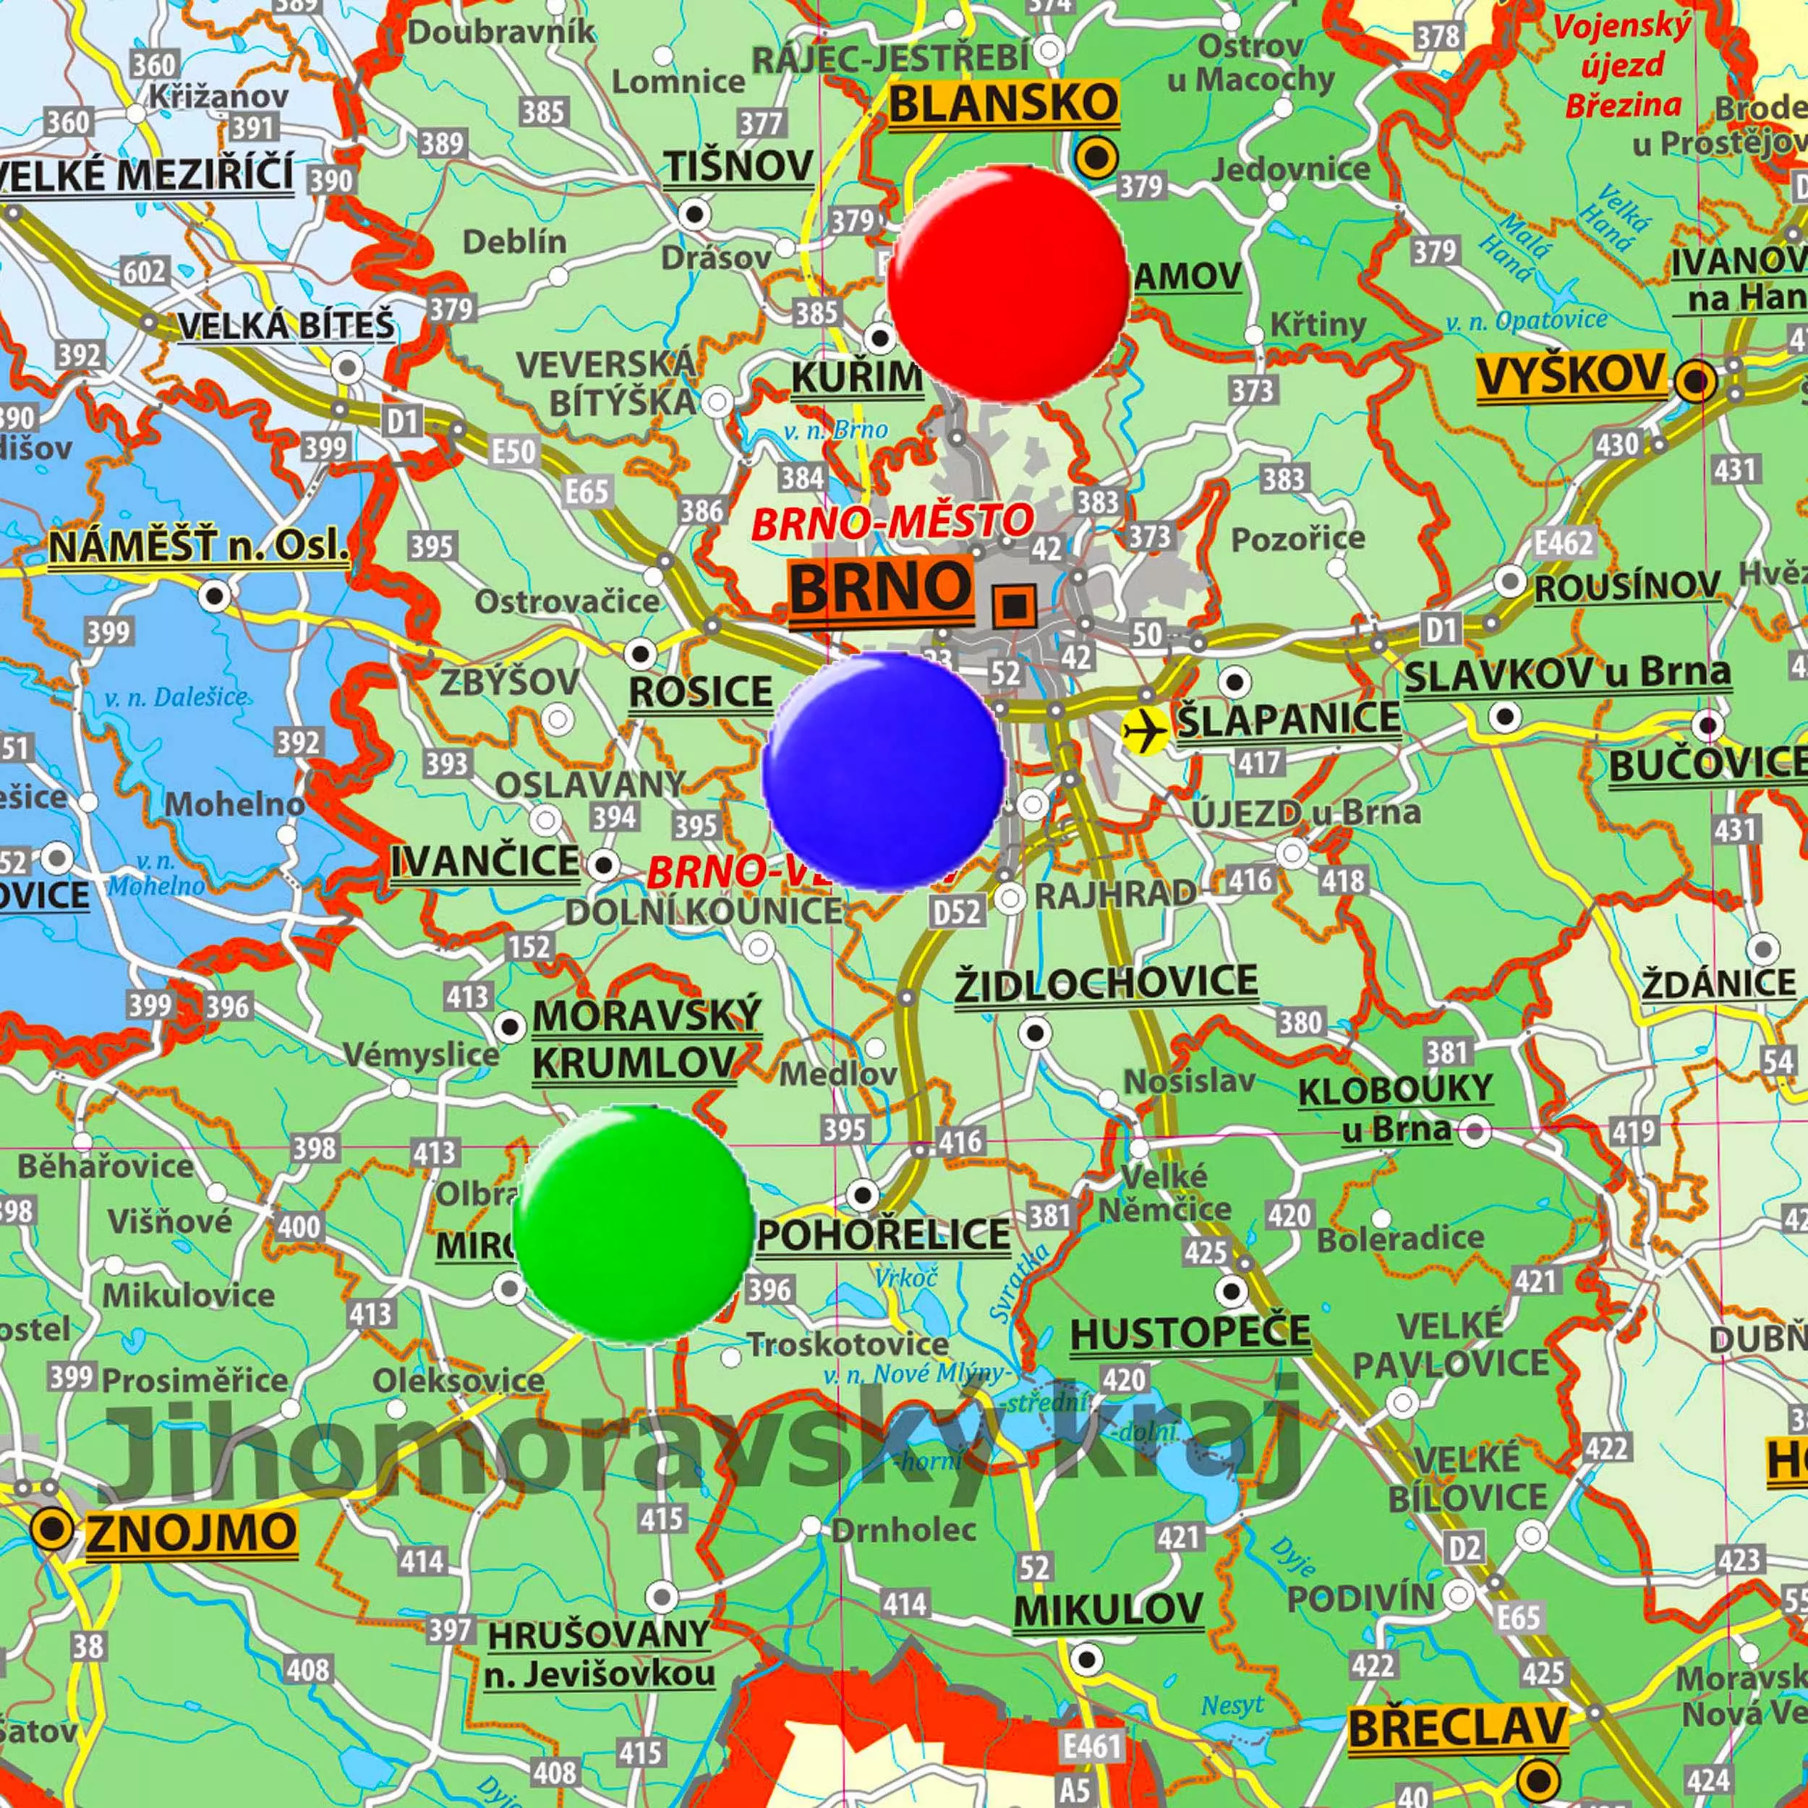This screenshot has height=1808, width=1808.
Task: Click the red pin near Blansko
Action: [x=1008, y=283]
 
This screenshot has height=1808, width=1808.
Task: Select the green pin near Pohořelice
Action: [x=634, y=1223]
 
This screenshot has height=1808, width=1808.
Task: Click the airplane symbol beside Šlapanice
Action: [x=1145, y=728]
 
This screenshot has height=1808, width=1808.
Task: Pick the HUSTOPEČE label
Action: [x=1190, y=1333]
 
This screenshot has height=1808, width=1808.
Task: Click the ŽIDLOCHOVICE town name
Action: [x=1105, y=983]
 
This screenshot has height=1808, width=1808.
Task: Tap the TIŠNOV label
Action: [x=738, y=166]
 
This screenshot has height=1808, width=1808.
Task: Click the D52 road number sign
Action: [x=956, y=911]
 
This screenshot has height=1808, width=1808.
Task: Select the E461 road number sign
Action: [x=1092, y=1744]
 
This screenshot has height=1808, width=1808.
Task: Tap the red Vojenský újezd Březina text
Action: [x=1624, y=66]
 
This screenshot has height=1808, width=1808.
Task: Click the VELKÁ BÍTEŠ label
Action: [x=286, y=325]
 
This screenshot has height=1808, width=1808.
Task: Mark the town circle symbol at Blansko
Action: [x=1096, y=156]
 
